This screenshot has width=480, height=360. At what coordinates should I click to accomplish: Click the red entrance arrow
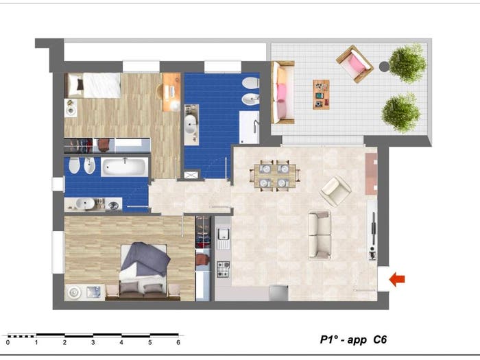tap(397, 279)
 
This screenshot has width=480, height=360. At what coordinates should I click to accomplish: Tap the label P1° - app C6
tap(353, 339)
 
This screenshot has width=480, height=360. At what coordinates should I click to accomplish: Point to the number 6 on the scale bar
tap(178, 343)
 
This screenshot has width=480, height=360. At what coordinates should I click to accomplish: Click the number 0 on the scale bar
tap(8, 343)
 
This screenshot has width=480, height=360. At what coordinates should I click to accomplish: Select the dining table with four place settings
tap(275, 176)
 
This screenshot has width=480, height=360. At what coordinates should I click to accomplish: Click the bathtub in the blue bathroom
tap(125, 167)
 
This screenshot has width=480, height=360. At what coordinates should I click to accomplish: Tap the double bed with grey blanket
tap(143, 271)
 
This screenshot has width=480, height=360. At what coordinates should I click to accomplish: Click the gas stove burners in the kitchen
tap(223, 269)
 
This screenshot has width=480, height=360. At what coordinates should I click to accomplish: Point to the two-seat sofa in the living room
tap(320, 235)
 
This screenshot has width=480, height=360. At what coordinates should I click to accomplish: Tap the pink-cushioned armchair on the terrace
tap(355, 64)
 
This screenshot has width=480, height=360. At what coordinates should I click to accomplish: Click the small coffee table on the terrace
tap(321, 95)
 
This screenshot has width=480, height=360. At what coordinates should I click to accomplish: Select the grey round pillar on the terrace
tap(384, 67)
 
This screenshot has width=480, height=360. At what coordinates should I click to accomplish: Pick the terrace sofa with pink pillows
tap(283, 92)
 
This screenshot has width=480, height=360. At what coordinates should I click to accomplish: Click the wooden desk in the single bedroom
tap(171, 92)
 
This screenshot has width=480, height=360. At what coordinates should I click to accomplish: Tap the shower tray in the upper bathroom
tap(249, 128)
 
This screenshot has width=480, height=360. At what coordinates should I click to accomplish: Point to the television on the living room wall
tap(373, 229)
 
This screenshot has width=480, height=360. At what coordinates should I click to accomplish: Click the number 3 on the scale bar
tap(93, 343)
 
